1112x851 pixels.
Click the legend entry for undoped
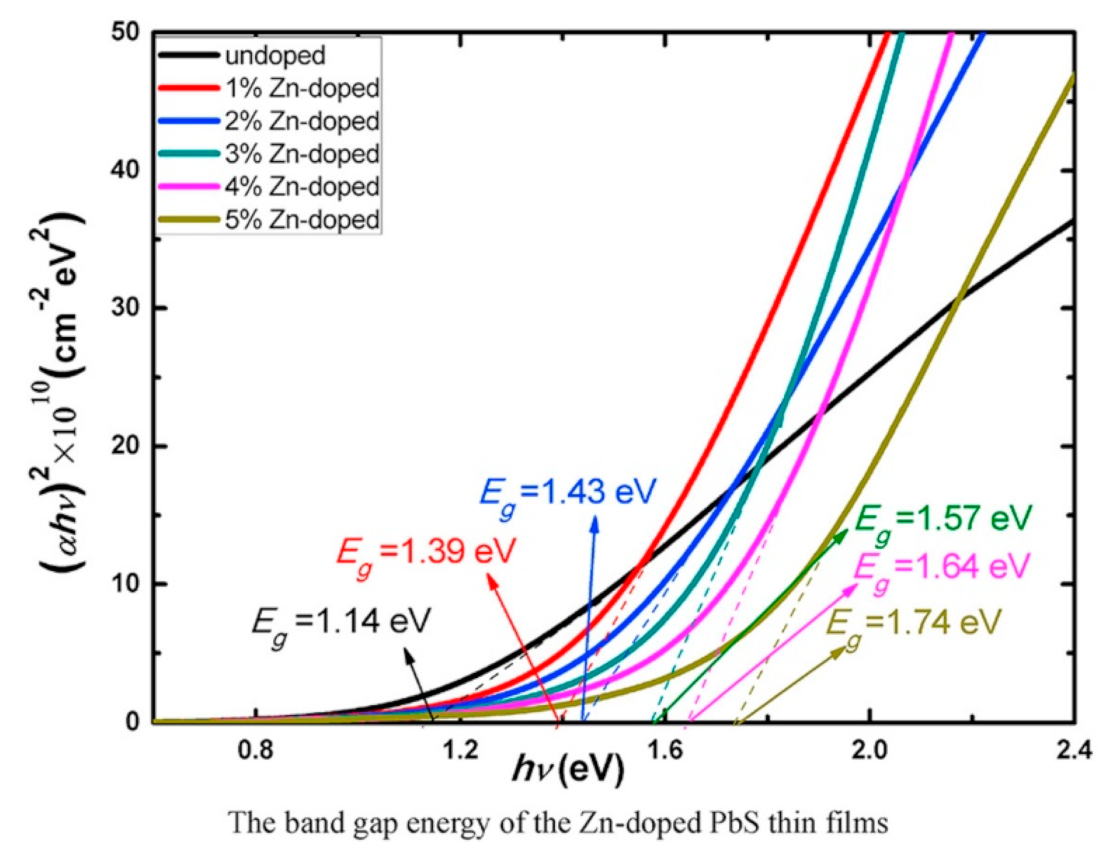coord(275,55)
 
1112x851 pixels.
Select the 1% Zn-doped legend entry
coord(302,88)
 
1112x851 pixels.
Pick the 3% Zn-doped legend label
coord(302,154)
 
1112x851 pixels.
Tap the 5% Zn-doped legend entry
coord(302,220)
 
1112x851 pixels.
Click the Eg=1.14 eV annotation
coord(341,623)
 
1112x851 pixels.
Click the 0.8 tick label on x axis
coord(256,751)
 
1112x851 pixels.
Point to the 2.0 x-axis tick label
coord(870,751)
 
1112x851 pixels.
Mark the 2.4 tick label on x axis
coord(1074,751)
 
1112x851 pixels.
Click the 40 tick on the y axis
coord(125,170)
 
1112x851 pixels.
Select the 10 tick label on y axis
coord(125,584)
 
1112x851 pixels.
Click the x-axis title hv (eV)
coord(568,770)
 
